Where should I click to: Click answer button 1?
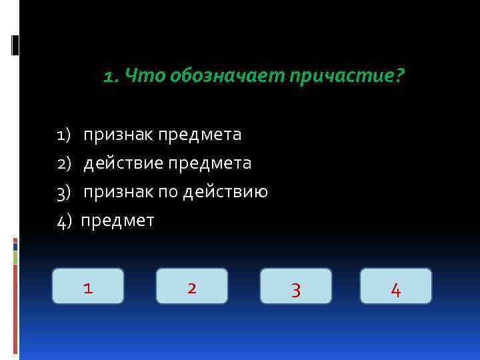pos(88,287)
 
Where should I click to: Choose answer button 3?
pos(296,287)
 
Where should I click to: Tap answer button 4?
pos(396,287)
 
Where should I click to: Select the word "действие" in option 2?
pos(123,164)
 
